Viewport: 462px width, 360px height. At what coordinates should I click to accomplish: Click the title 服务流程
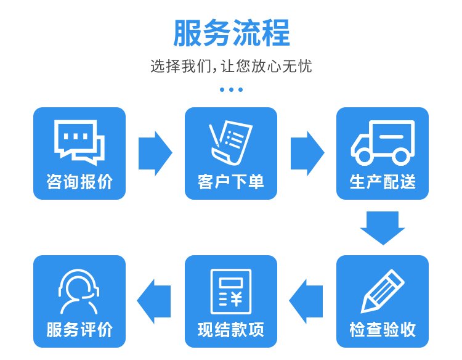click(x=231, y=33)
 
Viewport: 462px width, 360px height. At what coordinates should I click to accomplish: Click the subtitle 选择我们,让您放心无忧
click(x=231, y=66)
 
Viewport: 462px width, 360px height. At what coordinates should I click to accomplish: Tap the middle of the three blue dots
click(x=231, y=89)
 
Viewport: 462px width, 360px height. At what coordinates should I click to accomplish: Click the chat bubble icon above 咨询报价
click(x=79, y=142)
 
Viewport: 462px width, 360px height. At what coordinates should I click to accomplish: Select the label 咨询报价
click(x=79, y=181)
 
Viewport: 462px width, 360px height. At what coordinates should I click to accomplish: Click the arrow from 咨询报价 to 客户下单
click(x=155, y=153)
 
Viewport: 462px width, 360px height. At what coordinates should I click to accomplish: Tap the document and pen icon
click(x=231, y=142)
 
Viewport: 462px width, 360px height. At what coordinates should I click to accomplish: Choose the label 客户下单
click(x=231, y=181)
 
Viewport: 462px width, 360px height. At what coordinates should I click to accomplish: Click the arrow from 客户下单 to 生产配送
click(x=307, y=153)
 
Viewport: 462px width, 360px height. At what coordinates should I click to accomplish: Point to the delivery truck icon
click(x=383, y=142)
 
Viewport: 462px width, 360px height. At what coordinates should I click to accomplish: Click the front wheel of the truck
click(x=364, y=156)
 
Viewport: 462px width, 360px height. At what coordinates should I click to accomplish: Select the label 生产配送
click(x=383, y=181)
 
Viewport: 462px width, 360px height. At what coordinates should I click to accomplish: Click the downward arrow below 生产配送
click(x=383, y=228)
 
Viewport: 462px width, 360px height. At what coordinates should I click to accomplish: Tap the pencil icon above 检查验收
click(x=383, y=291)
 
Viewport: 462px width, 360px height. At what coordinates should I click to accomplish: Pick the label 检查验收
click(x=383, y=329)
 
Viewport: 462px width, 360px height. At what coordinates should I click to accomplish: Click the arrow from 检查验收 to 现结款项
click(x=306, y=301)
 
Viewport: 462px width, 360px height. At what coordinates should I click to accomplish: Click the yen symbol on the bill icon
click(x=236, y=299)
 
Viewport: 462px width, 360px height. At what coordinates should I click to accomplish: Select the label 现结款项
click(x=231, y=329)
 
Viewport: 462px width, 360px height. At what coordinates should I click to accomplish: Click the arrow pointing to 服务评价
click(x=154, y=301)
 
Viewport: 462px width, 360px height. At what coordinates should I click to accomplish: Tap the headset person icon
click(x=79, y=292)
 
